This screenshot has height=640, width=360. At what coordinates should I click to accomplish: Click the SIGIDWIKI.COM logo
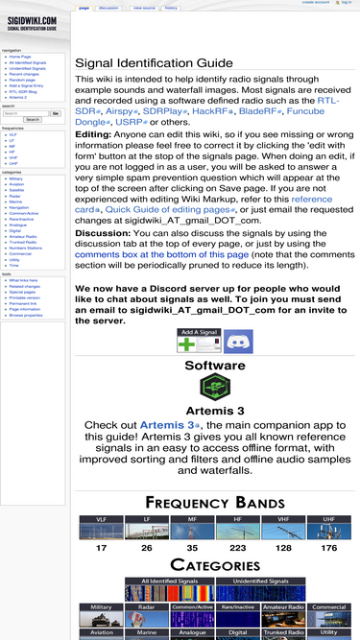(31, 23)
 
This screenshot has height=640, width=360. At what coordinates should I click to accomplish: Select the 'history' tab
(170, 8)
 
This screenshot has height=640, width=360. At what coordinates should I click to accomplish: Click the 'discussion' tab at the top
(108, 8)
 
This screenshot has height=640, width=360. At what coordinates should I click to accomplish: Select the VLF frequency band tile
(101, 525)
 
